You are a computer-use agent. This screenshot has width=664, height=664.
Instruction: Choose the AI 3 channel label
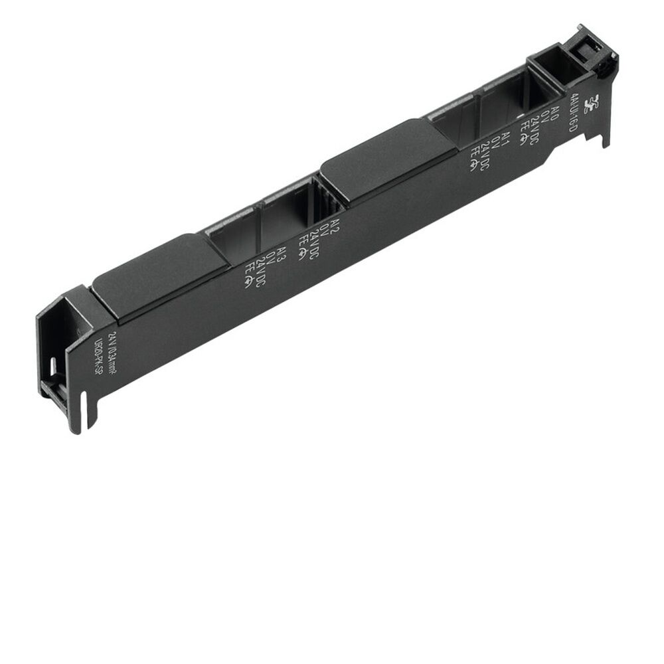coord(282,254)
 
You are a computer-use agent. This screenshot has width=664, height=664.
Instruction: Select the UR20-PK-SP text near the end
coord(100,359)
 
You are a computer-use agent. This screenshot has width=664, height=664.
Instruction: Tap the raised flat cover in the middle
coord(388,159)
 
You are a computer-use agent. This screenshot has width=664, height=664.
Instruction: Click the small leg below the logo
coord(605,136)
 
